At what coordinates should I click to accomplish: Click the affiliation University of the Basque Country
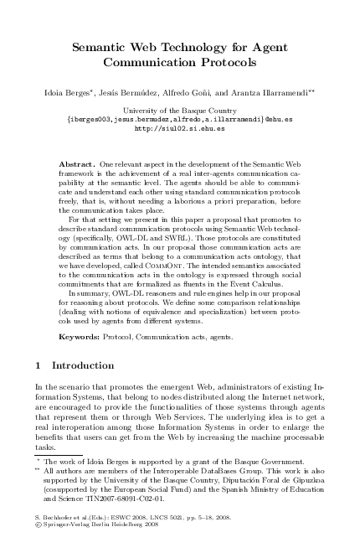coord(179,110)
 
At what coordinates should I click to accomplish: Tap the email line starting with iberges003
coord(179,119)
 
